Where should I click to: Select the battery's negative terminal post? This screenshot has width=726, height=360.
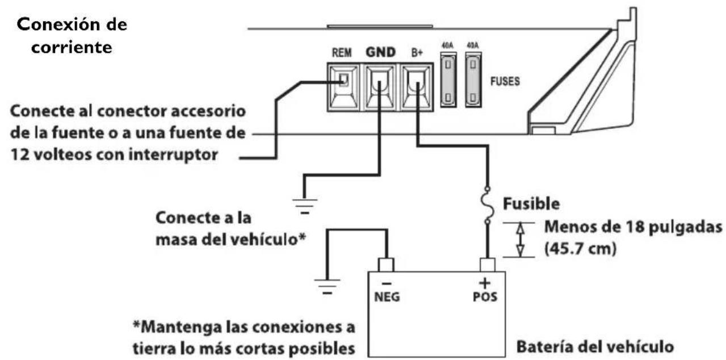386,264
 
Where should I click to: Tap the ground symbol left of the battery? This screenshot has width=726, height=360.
326,286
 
